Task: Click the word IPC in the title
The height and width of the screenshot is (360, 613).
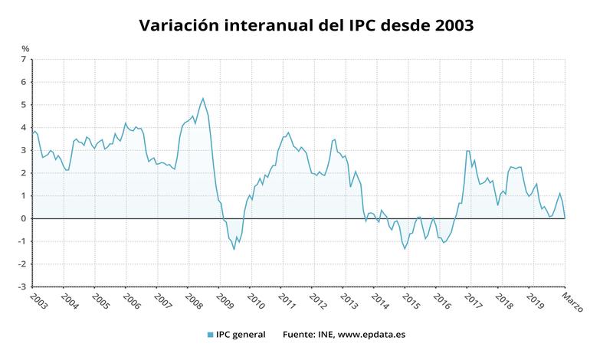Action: [x=347, y=25]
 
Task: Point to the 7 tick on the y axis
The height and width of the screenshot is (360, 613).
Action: [x=24, y=59]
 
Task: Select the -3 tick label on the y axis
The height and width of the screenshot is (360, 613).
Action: [x=22, y=286]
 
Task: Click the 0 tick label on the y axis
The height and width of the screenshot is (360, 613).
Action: [x=24, y=218]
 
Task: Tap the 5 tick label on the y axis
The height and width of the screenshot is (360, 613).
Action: [x=24, y=104]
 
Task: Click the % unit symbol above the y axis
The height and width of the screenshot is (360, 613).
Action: [x=25, y=49]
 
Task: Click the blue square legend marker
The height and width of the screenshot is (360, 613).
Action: [x=209, y=335]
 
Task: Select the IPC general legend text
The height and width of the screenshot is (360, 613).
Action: [x=240, y=335]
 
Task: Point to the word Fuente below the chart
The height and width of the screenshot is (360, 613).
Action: [x=300, y=335]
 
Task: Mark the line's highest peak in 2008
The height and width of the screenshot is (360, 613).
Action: [x=203, y=98]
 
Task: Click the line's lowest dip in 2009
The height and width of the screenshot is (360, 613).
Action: [x=234, y=249]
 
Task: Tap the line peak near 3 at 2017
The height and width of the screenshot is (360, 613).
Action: [x=468, y=151]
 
